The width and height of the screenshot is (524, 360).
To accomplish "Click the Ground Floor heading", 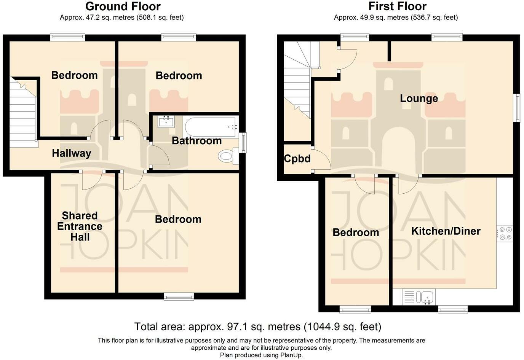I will coord(123,6).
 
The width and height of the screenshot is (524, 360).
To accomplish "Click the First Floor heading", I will coord(397,6).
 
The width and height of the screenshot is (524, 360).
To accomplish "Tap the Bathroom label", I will coord(196,141).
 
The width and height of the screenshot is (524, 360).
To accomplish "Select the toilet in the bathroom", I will coord(226,156).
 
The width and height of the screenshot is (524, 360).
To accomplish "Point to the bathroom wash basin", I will coord(166,122).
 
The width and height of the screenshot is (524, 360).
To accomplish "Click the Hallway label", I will coord(72,153).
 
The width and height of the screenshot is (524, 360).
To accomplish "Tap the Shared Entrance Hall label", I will coord(80,226).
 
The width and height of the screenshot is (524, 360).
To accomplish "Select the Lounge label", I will coord(419,99).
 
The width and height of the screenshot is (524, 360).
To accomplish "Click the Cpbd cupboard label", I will coord(297,159).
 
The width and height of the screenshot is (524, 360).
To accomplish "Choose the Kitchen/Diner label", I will coord(446,231).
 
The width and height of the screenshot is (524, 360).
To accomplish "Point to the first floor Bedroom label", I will coord(356,233).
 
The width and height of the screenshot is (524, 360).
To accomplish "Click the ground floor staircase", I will coord(23,110).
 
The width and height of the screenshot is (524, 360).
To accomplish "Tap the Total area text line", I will coord(257,327).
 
